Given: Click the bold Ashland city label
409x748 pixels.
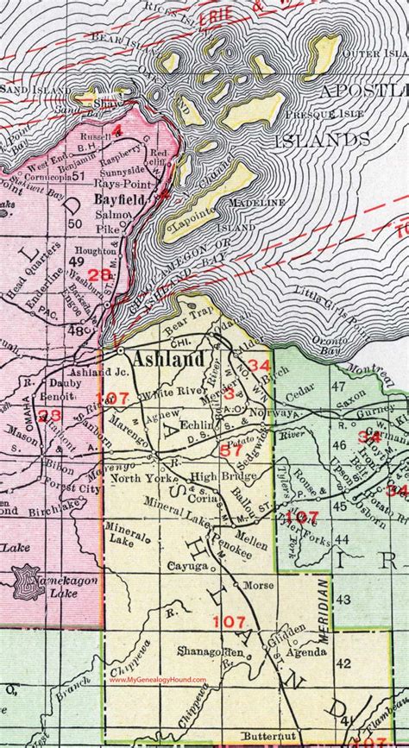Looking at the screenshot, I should coord(167,359).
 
